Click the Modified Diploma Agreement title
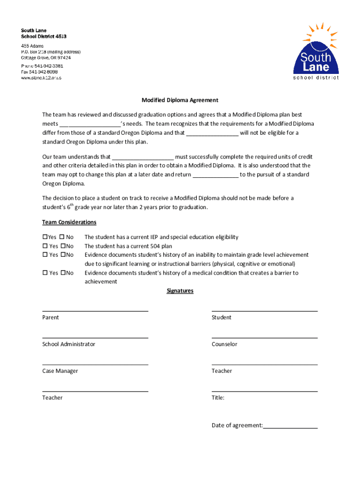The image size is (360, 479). tap(180, 100)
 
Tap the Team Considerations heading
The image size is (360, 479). tap(69, 222)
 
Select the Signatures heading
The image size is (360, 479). tap(180, 291)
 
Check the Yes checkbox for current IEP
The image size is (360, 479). tap(45, 237)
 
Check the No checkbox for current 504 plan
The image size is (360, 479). tap(63, 246)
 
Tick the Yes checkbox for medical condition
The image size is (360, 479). tap(45, 273)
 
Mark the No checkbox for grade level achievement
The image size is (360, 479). tap(63, 255)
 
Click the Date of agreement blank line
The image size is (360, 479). tap(290, 427)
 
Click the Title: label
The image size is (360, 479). tap(218, 398)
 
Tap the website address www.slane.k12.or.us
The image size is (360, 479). tap(41, 78)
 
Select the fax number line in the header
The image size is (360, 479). tap(39, 72)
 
